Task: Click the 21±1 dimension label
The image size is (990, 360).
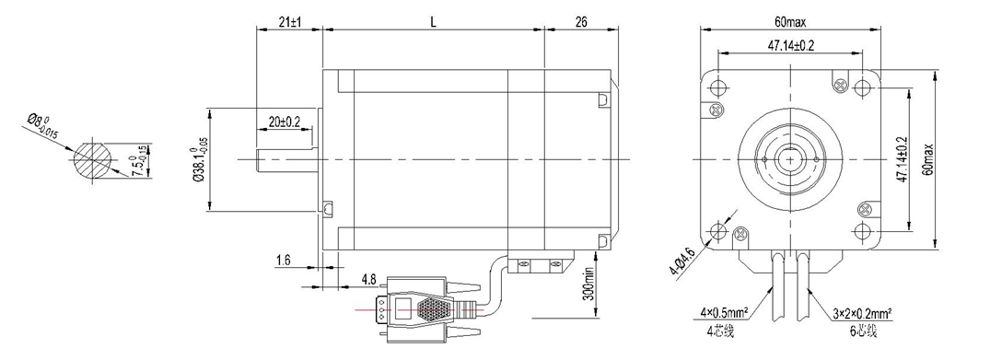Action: [x=290, y=21]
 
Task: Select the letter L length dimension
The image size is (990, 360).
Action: [x=433, y=21]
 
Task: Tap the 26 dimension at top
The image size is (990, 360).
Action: [x=581, y=21]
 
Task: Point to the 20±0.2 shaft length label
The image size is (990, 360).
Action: [x=285, y=122]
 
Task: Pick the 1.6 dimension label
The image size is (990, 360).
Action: [x=284, y=260]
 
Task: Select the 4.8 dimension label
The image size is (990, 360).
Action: [x=369, y=279]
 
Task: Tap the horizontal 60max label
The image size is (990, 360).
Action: [x=790, y=21]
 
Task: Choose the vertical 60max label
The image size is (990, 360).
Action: [x=926, y=159]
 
